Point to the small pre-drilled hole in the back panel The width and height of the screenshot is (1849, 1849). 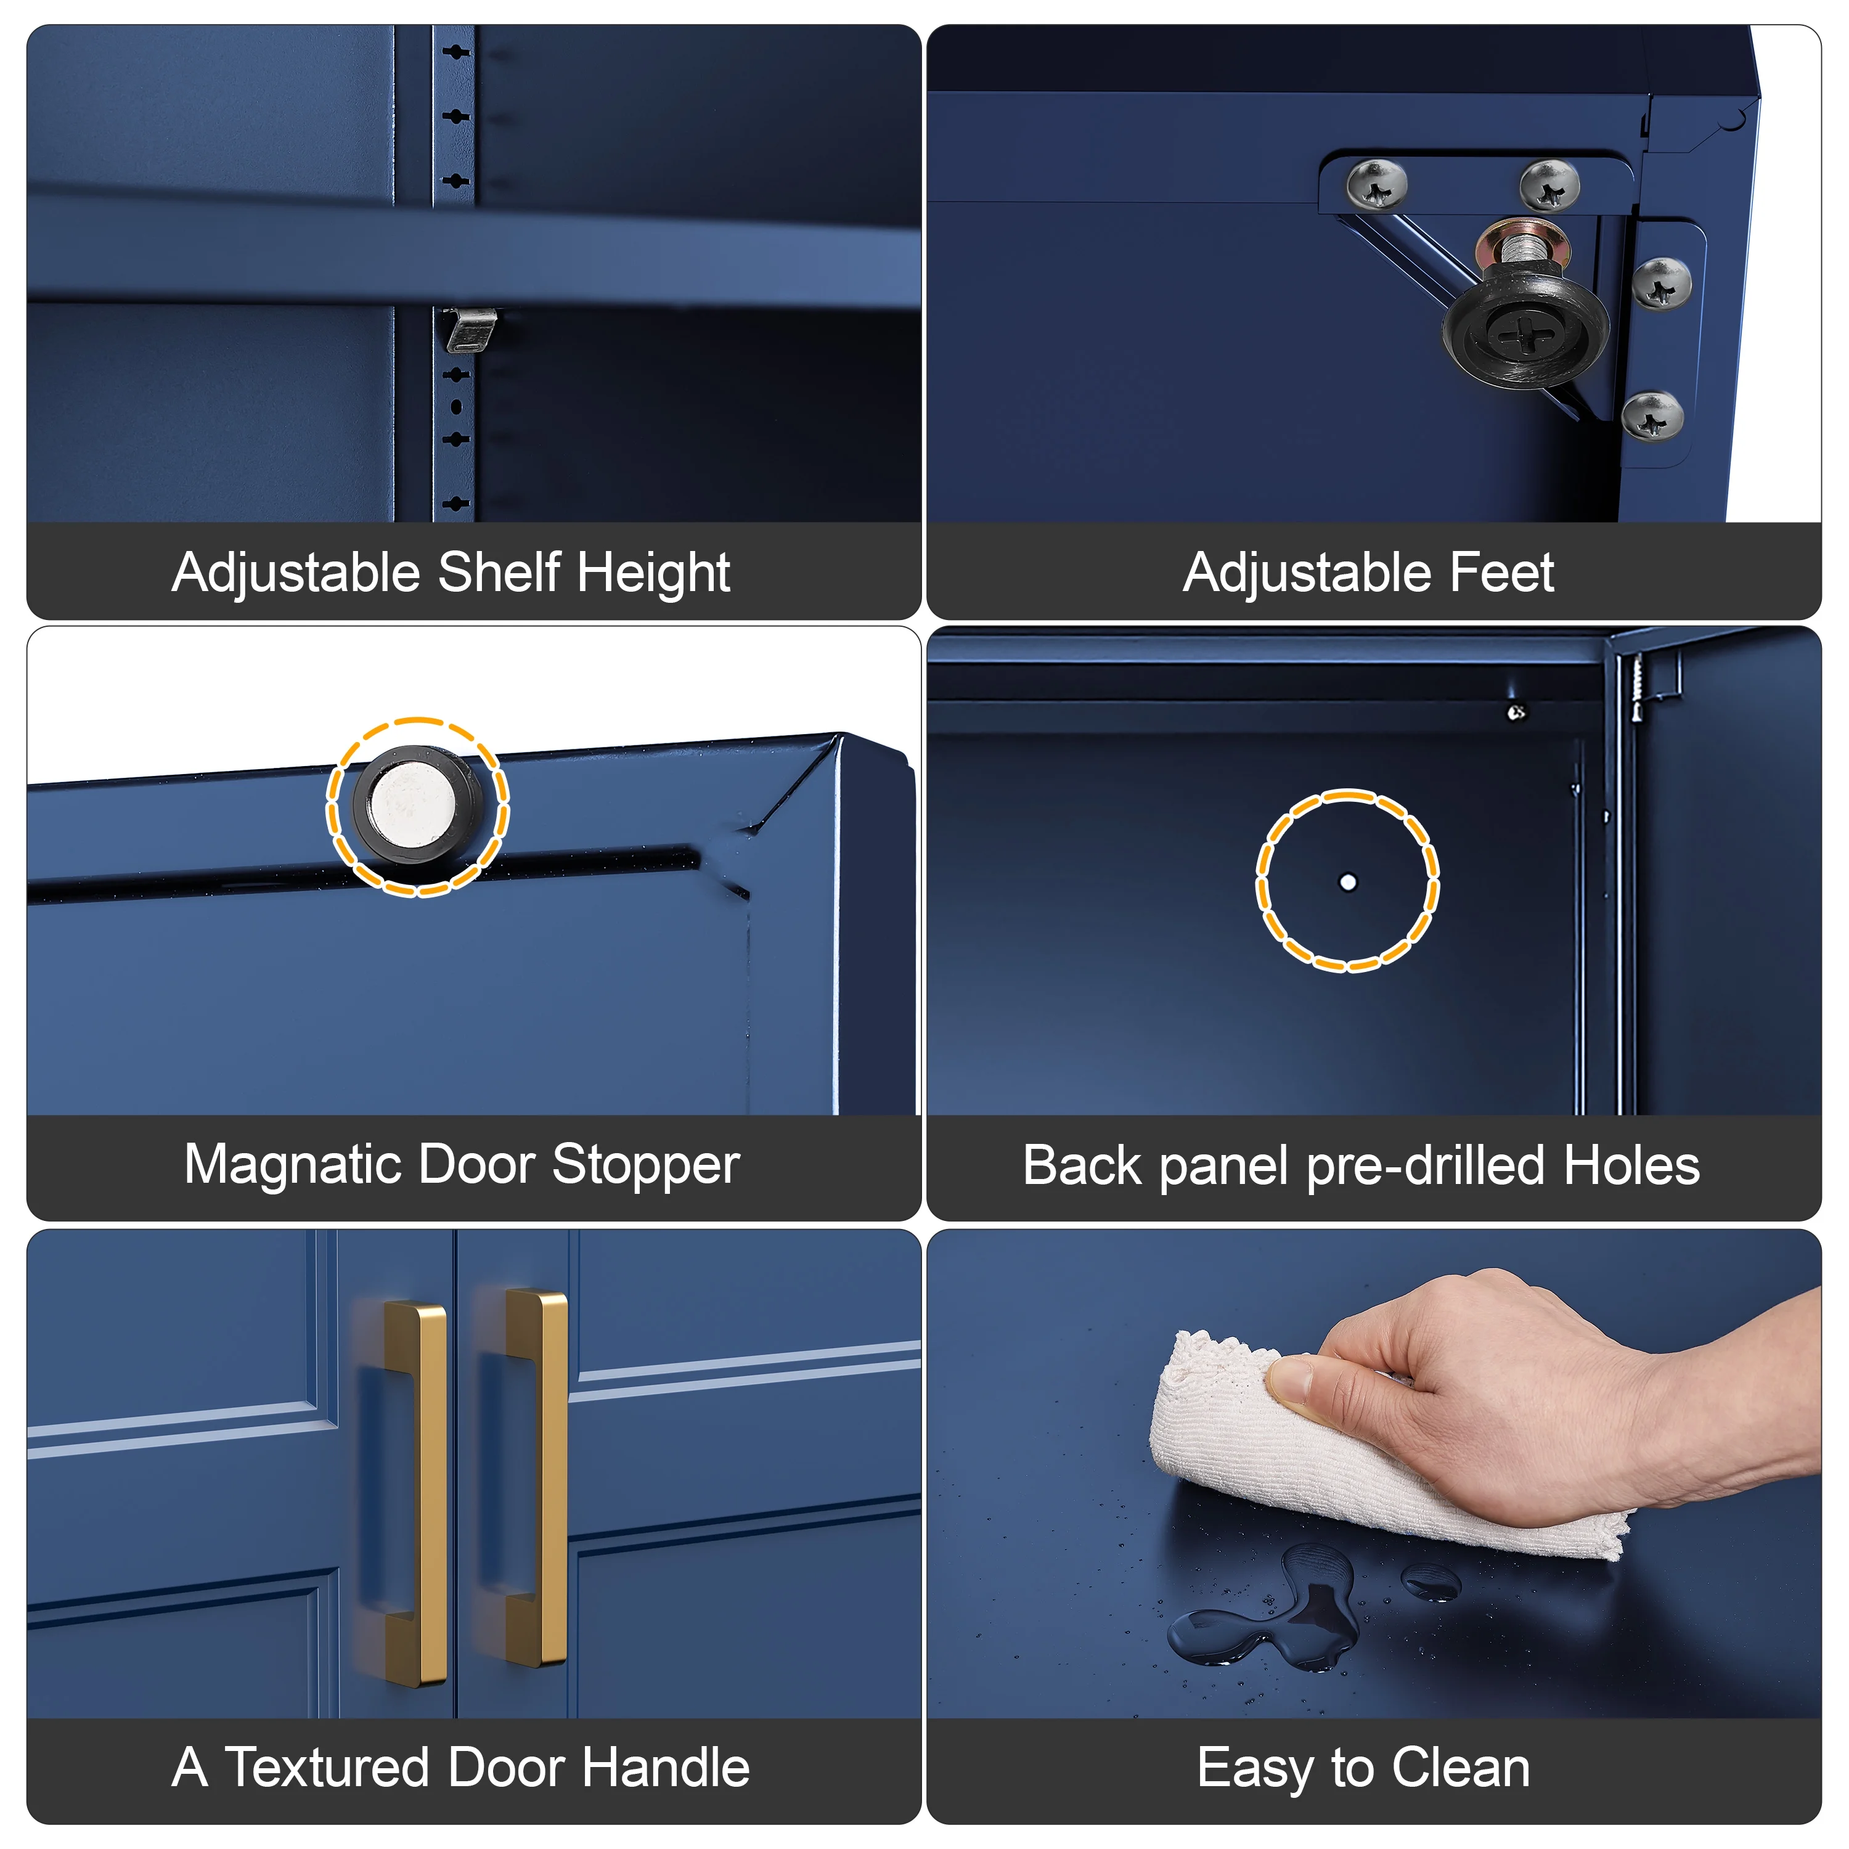coord(1347,881)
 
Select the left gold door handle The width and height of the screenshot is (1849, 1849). coord(415,1492)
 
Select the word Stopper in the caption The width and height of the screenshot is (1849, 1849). coord(645,1165)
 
